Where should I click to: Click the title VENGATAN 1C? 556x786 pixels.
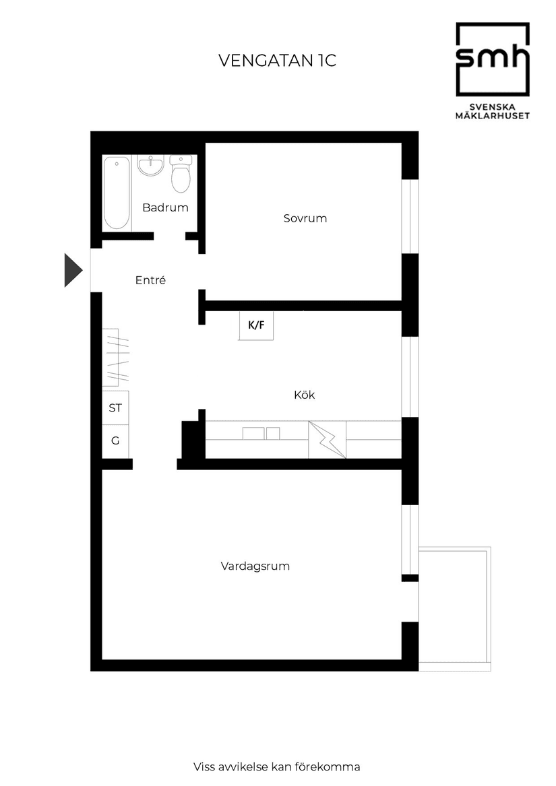coord(277,61)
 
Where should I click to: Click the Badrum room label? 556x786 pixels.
coord(165,207)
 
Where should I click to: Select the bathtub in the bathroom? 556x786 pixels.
coord(117,192)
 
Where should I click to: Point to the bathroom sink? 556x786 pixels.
coord(150,166)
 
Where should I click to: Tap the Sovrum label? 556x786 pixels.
coord(305,218)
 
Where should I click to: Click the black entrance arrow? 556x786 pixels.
coord(73,269)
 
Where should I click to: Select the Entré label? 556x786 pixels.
coord(150,280)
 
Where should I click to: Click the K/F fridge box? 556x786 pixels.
coord(256,326)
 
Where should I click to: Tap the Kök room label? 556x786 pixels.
coord(304,395)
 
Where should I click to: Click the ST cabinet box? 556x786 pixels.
coord(115,408)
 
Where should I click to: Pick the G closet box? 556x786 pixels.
coord(115,441)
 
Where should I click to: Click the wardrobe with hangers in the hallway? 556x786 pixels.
coord(115,358)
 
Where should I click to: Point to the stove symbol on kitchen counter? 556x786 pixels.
coord(327,440)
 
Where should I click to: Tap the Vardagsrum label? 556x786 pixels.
coord(255,566)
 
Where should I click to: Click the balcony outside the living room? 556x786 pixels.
coord(454,608)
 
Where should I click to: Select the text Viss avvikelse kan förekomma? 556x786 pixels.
coord(276,766)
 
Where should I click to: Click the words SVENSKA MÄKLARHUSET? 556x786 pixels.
coord(492,110)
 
